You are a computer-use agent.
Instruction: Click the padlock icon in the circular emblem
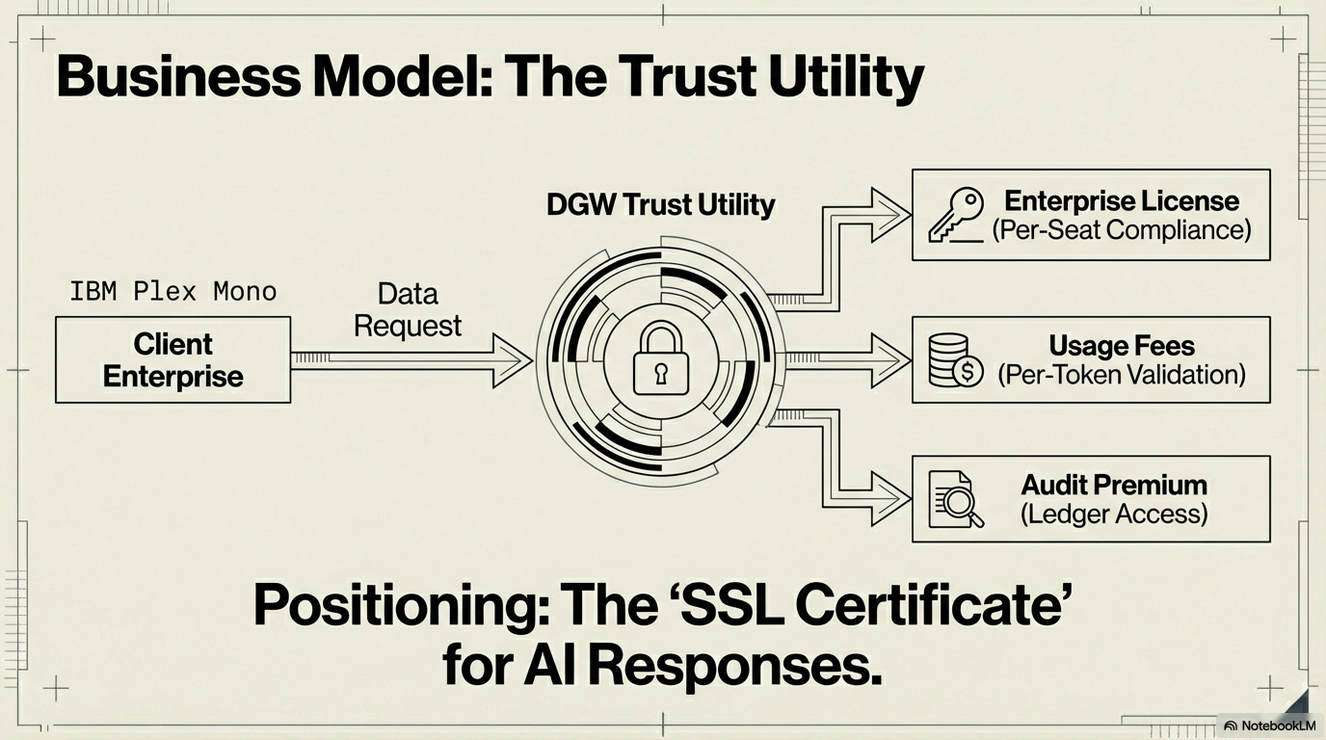660,358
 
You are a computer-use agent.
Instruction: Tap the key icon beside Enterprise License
955,214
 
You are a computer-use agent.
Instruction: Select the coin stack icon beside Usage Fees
955,360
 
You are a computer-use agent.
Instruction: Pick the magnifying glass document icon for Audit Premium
955,499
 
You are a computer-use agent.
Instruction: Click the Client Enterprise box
173,359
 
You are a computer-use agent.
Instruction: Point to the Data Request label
408,309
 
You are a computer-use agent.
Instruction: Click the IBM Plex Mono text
173,291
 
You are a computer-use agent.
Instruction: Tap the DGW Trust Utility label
660,204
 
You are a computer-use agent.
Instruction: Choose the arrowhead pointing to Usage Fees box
892,360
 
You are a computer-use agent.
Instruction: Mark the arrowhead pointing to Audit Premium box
892,499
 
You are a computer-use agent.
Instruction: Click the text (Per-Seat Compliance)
1122,230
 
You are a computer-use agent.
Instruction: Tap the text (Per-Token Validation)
1122,374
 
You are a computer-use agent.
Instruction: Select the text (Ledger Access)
1114,514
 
